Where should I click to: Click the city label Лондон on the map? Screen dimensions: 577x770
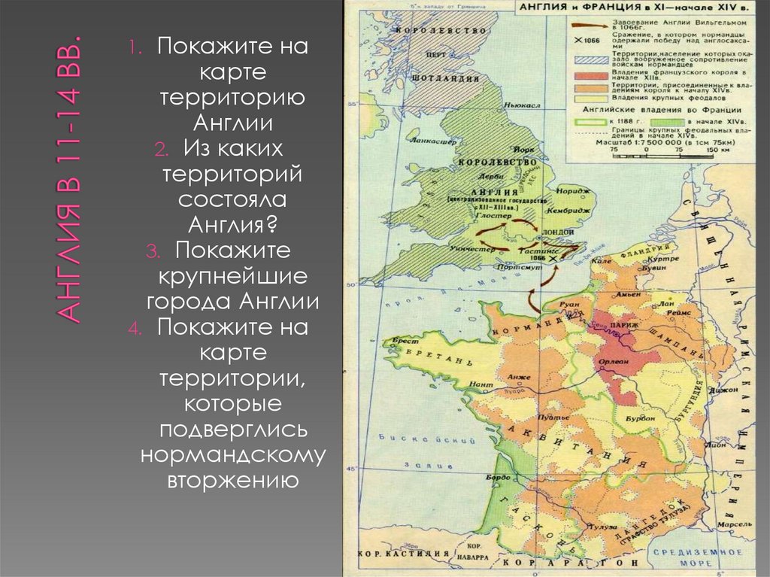point(556,232)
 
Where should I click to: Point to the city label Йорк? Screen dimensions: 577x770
point(524,150)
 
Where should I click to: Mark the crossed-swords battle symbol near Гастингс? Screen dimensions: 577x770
point(554,258)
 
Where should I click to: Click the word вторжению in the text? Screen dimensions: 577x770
point(232,479)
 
